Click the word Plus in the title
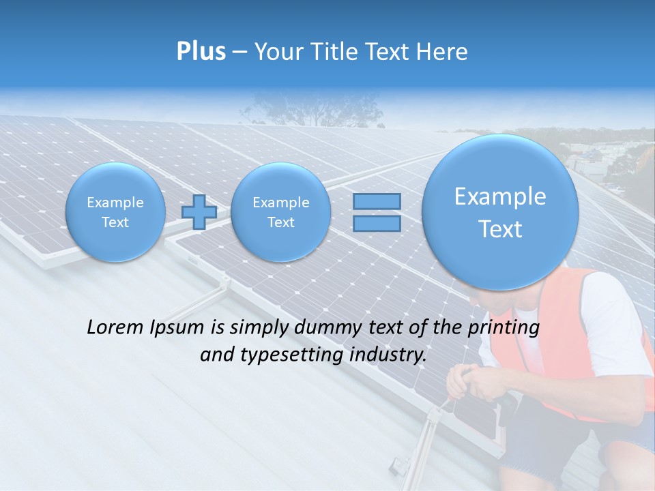[201, 52]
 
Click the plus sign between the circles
[199, 212]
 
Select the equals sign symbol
[376, 212]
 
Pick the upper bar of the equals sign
[376, 202]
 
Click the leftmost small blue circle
[115, 212]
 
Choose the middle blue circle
[280, 212]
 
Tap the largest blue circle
[500, 212]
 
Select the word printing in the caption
[503, 328]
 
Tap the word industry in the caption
[386, 355]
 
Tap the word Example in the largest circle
[500, 196]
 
